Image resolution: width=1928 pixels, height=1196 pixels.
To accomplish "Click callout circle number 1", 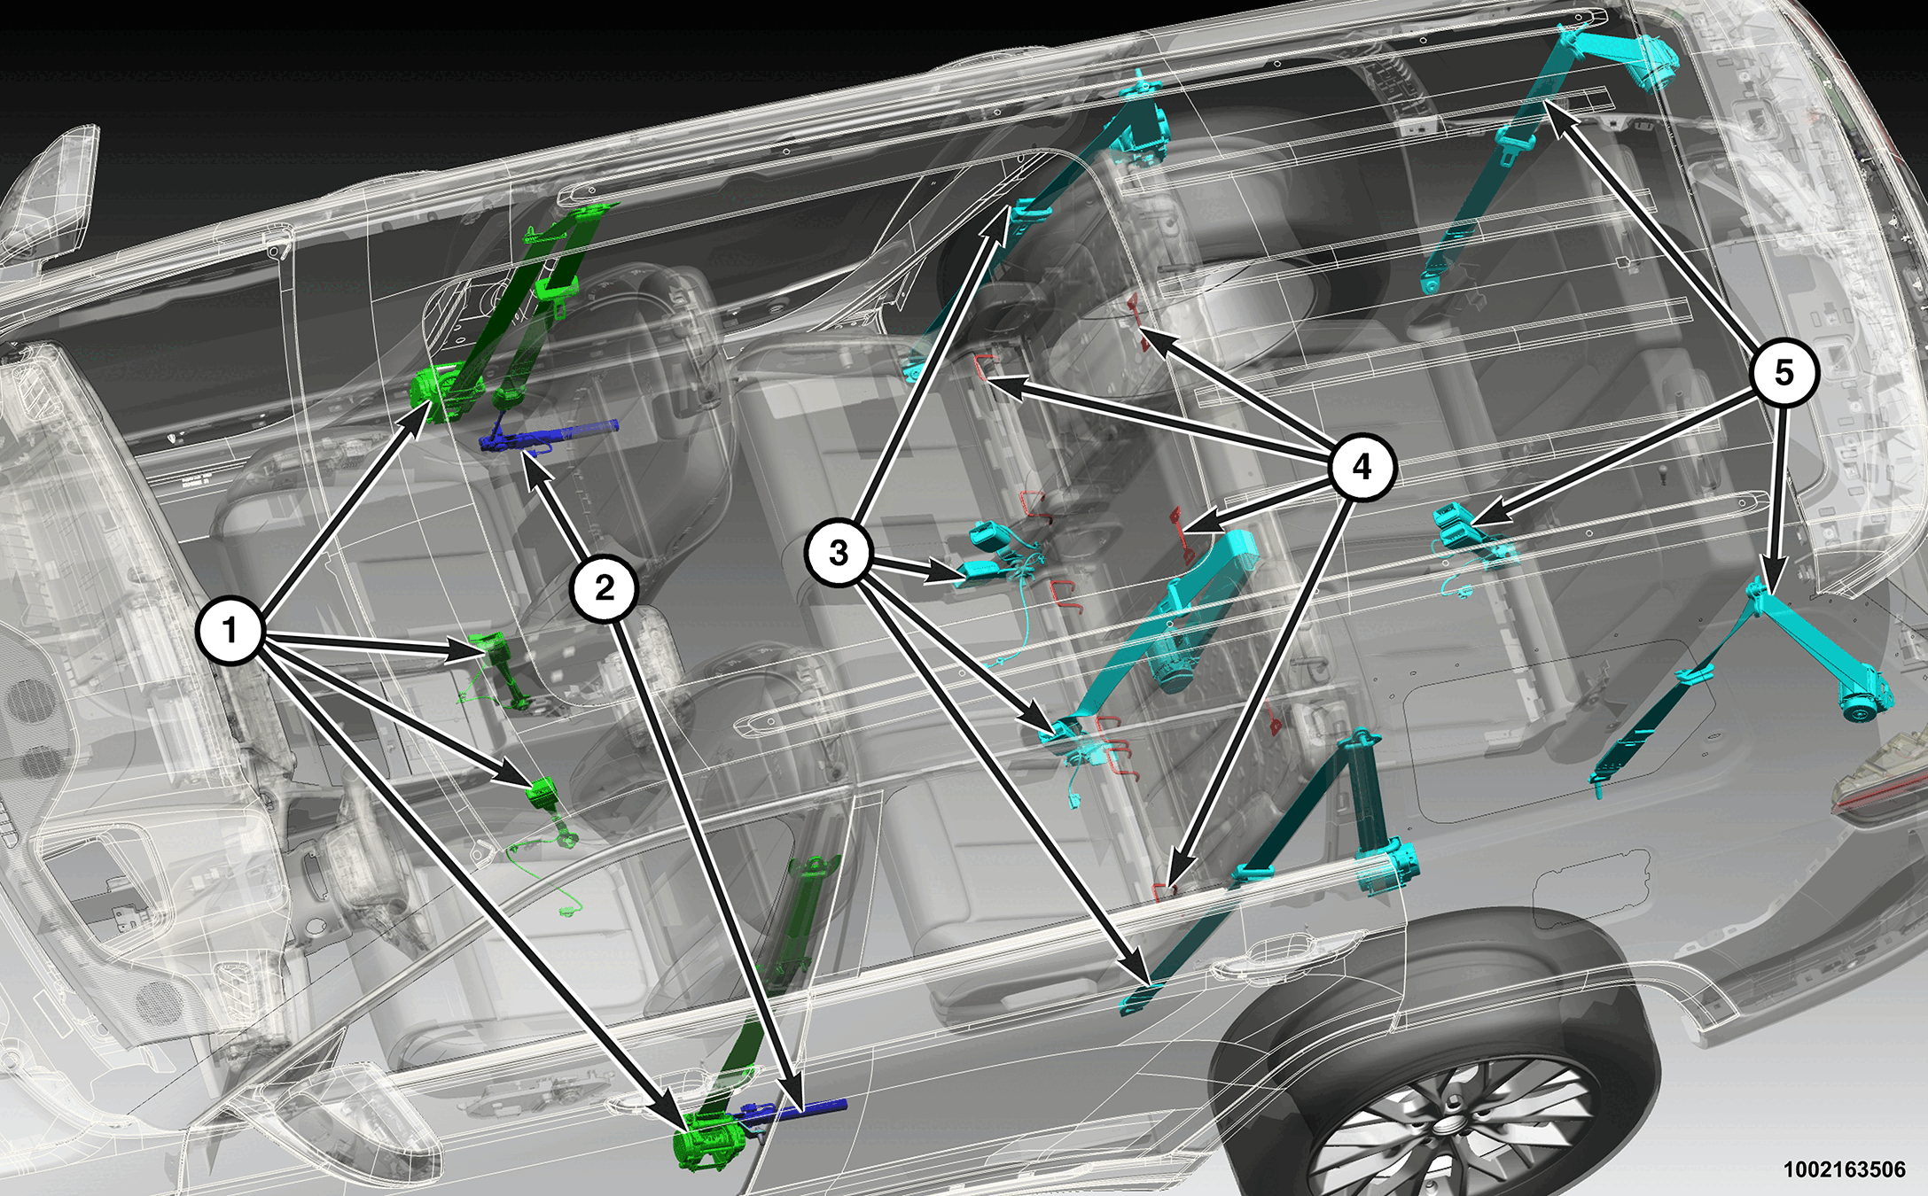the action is point(230,631).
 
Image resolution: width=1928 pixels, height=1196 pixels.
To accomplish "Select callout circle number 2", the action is point(605,587).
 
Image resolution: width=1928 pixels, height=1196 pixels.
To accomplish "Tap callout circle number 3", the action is point(839,553).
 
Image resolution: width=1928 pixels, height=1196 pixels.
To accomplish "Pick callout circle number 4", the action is point(1362,466).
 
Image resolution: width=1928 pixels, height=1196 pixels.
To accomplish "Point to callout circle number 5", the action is point(1784,373).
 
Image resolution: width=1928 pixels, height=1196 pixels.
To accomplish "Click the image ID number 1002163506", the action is point(1844,1169).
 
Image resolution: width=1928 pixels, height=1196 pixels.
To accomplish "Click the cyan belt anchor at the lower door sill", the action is point(1140,996).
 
